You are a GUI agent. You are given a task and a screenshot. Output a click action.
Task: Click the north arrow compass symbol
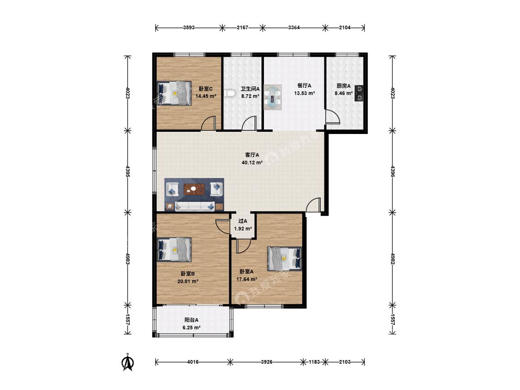coord(128,362)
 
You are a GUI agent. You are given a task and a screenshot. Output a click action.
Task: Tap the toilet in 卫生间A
coord(229,94)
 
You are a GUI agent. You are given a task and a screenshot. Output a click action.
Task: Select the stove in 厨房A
coord(359,93)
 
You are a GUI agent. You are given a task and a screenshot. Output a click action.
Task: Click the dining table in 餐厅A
coord(273,97)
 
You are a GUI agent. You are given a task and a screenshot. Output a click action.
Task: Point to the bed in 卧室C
coord(174,93)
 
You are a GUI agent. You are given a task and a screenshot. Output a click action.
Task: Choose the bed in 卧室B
coord(174,250)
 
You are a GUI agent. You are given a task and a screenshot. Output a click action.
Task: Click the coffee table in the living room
coord(194,189)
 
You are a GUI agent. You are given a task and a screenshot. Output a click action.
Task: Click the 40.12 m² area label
coord(252,163)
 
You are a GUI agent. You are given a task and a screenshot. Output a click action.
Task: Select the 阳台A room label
coord(191,320)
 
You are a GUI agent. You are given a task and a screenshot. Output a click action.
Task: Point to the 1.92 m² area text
coord(243,228)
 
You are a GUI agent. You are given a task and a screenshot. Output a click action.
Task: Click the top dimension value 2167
coord(242,28)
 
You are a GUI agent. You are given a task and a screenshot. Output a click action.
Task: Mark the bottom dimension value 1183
coord(314,362)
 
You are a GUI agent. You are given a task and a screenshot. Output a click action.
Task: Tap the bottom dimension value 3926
coord(266,362)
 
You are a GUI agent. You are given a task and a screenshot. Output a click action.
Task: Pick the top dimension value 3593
coord(189,28)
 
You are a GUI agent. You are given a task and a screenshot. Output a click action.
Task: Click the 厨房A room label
coord(343,86)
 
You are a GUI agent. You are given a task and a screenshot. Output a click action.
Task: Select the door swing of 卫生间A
coord(249,123)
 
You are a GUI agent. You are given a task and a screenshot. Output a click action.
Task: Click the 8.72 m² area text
coord(250,96)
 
